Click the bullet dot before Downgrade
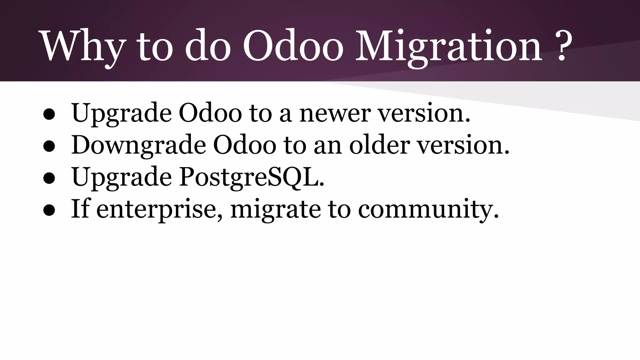(49, 146)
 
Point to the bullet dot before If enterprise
(49, 210)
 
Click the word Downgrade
(138, 145)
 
